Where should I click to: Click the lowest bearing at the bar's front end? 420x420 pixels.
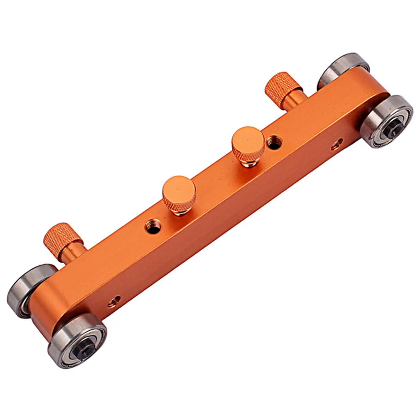click(x=77, y=340)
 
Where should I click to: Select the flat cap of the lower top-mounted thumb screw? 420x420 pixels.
click(x=179, y=188)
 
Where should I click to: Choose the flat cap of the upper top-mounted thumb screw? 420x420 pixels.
click(x=248, y=139)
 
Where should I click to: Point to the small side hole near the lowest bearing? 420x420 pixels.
click(x=114, y=301)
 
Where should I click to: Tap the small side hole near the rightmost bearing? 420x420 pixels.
click(x=337, y=145)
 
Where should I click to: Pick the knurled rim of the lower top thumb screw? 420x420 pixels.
click(x=178, y=205)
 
